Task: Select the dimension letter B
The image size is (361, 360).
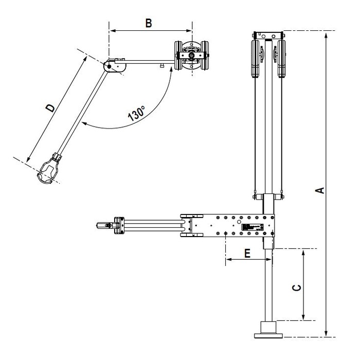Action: click(x=149, y=23)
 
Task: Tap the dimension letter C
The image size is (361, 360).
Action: click(x=297, y=287)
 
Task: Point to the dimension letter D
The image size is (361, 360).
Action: click(x=50, y=107)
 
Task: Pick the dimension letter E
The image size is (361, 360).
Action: click(x=247, y=254)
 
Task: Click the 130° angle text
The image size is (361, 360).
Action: click(x=136, y=113)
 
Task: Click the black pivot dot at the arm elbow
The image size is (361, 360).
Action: click(x=109, y=66)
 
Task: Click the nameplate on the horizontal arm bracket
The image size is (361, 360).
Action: click(x=252, y=227)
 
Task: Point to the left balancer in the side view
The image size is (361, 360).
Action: click(x=255, y=59)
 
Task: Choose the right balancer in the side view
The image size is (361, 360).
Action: click(x=282, y=59)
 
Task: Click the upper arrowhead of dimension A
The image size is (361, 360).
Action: click(x=326, y=35)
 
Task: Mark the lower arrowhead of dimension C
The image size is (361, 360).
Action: click(x=303, y=317)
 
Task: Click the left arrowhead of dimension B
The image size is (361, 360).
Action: click(x=112, y=31)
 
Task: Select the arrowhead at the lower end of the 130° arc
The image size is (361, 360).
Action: click(x=84, y=123)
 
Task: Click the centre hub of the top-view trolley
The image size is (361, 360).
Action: click(x=191, y=56)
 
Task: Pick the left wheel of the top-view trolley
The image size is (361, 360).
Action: click(x=178, y=56)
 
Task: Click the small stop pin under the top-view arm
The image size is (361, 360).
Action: click(x=162, y=66)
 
